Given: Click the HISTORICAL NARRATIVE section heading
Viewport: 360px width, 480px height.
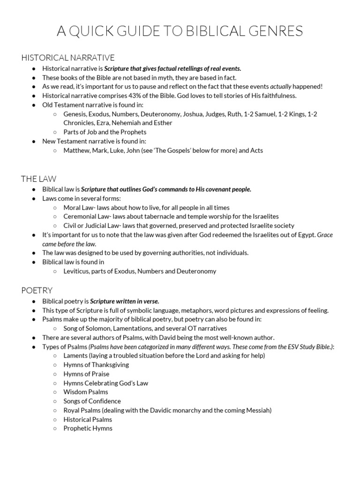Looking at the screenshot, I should click(68, 58).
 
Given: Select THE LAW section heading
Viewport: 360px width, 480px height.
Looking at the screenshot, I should click(39, 179).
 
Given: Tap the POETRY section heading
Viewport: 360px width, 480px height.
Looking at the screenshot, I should click(37, 290).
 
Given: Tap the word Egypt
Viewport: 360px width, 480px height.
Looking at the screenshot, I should click(305, 234).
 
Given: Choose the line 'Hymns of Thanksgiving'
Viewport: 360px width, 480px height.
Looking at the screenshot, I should click(96, 365).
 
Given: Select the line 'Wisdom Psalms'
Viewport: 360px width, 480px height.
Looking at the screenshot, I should click(86, 392).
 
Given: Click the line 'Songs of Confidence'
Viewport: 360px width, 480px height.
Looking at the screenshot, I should click(92, 401).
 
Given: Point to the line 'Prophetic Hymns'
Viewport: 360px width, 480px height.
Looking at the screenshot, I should click(88, 428).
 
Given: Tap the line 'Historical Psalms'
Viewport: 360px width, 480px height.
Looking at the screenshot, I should click(88, 419).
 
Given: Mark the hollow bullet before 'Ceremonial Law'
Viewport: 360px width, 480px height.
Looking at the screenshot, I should click(55, 216).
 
